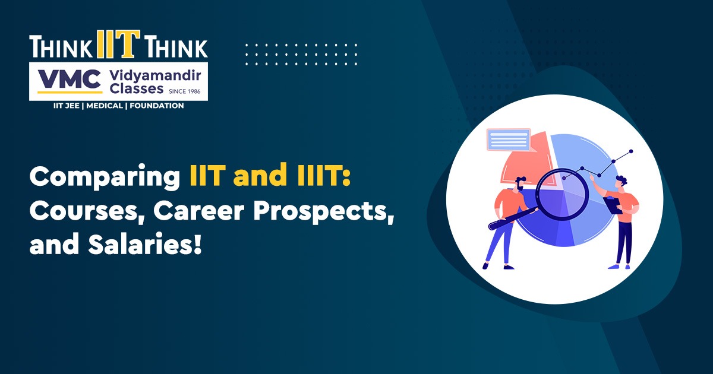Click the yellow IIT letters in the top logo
pos(118,44)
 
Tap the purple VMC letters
pos(70,79)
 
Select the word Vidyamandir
pos(155,76)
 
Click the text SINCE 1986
pos(185,91)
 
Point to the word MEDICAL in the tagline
pos(105,106)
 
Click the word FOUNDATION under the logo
pos(157,106)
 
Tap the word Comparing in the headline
pos(105,177)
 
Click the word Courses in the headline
pos(84,211)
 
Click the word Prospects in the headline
pos(324,212)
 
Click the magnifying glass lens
pos(563,194)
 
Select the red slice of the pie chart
pos(527,162)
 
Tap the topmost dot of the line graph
pos(631,151)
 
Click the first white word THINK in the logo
pos(61,47)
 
